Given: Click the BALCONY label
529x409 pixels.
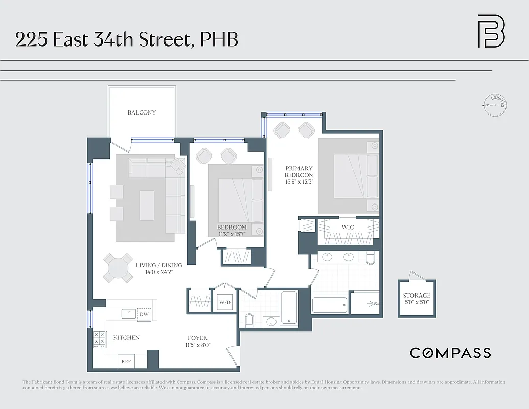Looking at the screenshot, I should pos(142,112).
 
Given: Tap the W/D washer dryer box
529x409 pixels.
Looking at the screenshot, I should pos(225,302).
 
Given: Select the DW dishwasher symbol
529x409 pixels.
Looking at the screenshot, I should pos(144,314).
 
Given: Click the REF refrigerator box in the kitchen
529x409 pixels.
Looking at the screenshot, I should pos(126,361).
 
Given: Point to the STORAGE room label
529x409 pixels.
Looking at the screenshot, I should pos(417,296).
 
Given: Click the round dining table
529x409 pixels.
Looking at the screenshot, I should pos(118,268).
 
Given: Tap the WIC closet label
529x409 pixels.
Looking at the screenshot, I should pos(348,226).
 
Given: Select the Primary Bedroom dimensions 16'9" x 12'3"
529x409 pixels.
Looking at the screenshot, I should pos(299,181).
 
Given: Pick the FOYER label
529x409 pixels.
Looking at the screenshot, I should pos(197,338).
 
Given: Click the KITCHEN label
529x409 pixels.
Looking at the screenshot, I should pos(126,338).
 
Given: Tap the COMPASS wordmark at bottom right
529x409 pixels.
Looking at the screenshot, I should pos(450,353).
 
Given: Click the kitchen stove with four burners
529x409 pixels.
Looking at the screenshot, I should pos(99,340).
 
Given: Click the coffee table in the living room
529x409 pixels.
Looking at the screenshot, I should pos(147,206).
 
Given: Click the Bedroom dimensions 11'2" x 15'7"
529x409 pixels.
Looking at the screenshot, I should pos(232,234).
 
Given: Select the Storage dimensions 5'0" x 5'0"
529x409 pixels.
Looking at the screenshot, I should pos(417,302).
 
